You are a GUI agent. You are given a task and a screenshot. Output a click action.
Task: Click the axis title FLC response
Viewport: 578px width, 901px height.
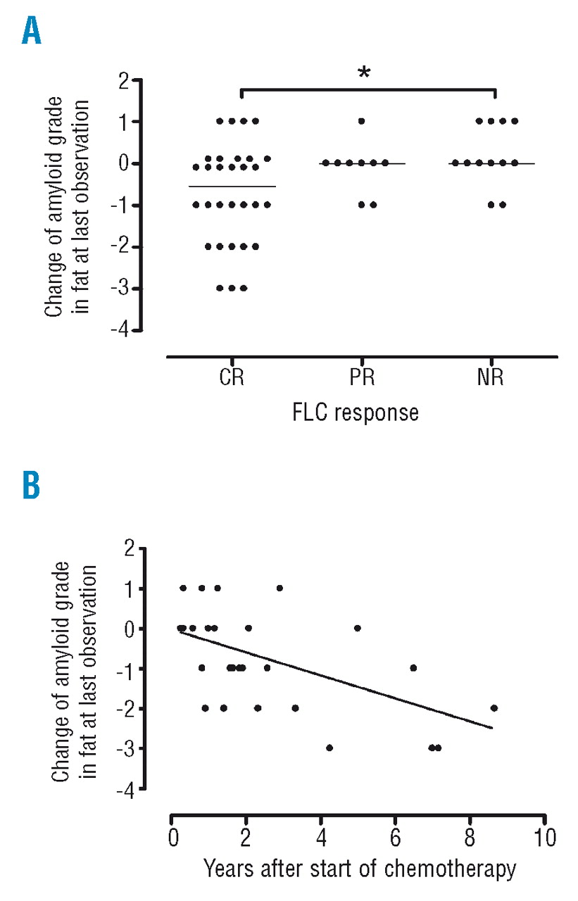pyautogui.click(x=356, y=412)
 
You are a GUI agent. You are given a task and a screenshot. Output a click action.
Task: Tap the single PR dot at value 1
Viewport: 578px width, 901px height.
pyautogui.click(x=362, y=121)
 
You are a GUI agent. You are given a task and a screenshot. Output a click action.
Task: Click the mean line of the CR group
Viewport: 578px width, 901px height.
pyautogui.click(x=232, y=187)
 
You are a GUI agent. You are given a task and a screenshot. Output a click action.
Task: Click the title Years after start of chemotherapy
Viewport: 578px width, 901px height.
pyautogui.click(x=360, y=870)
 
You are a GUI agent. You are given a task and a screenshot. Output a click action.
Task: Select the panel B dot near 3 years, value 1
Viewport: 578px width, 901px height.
pyautogui.click(x=279, y=588)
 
